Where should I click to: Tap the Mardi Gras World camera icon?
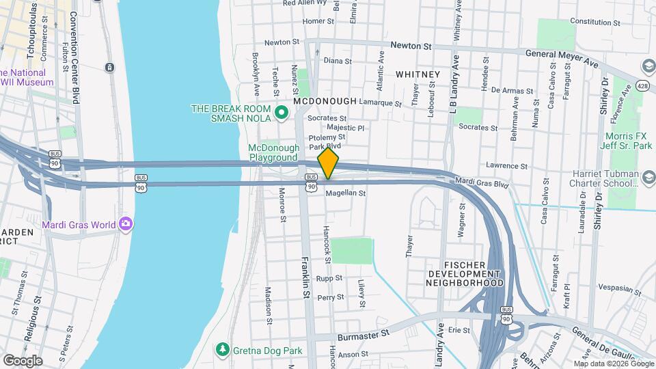(126, 223)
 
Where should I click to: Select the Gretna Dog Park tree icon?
(222, 350)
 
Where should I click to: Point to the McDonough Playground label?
(273, 152)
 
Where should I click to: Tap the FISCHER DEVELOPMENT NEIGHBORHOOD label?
(465, 273)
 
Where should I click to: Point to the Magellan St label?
(346, 193)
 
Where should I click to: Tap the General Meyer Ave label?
(561, 58)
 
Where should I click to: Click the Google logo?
(23, 360)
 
